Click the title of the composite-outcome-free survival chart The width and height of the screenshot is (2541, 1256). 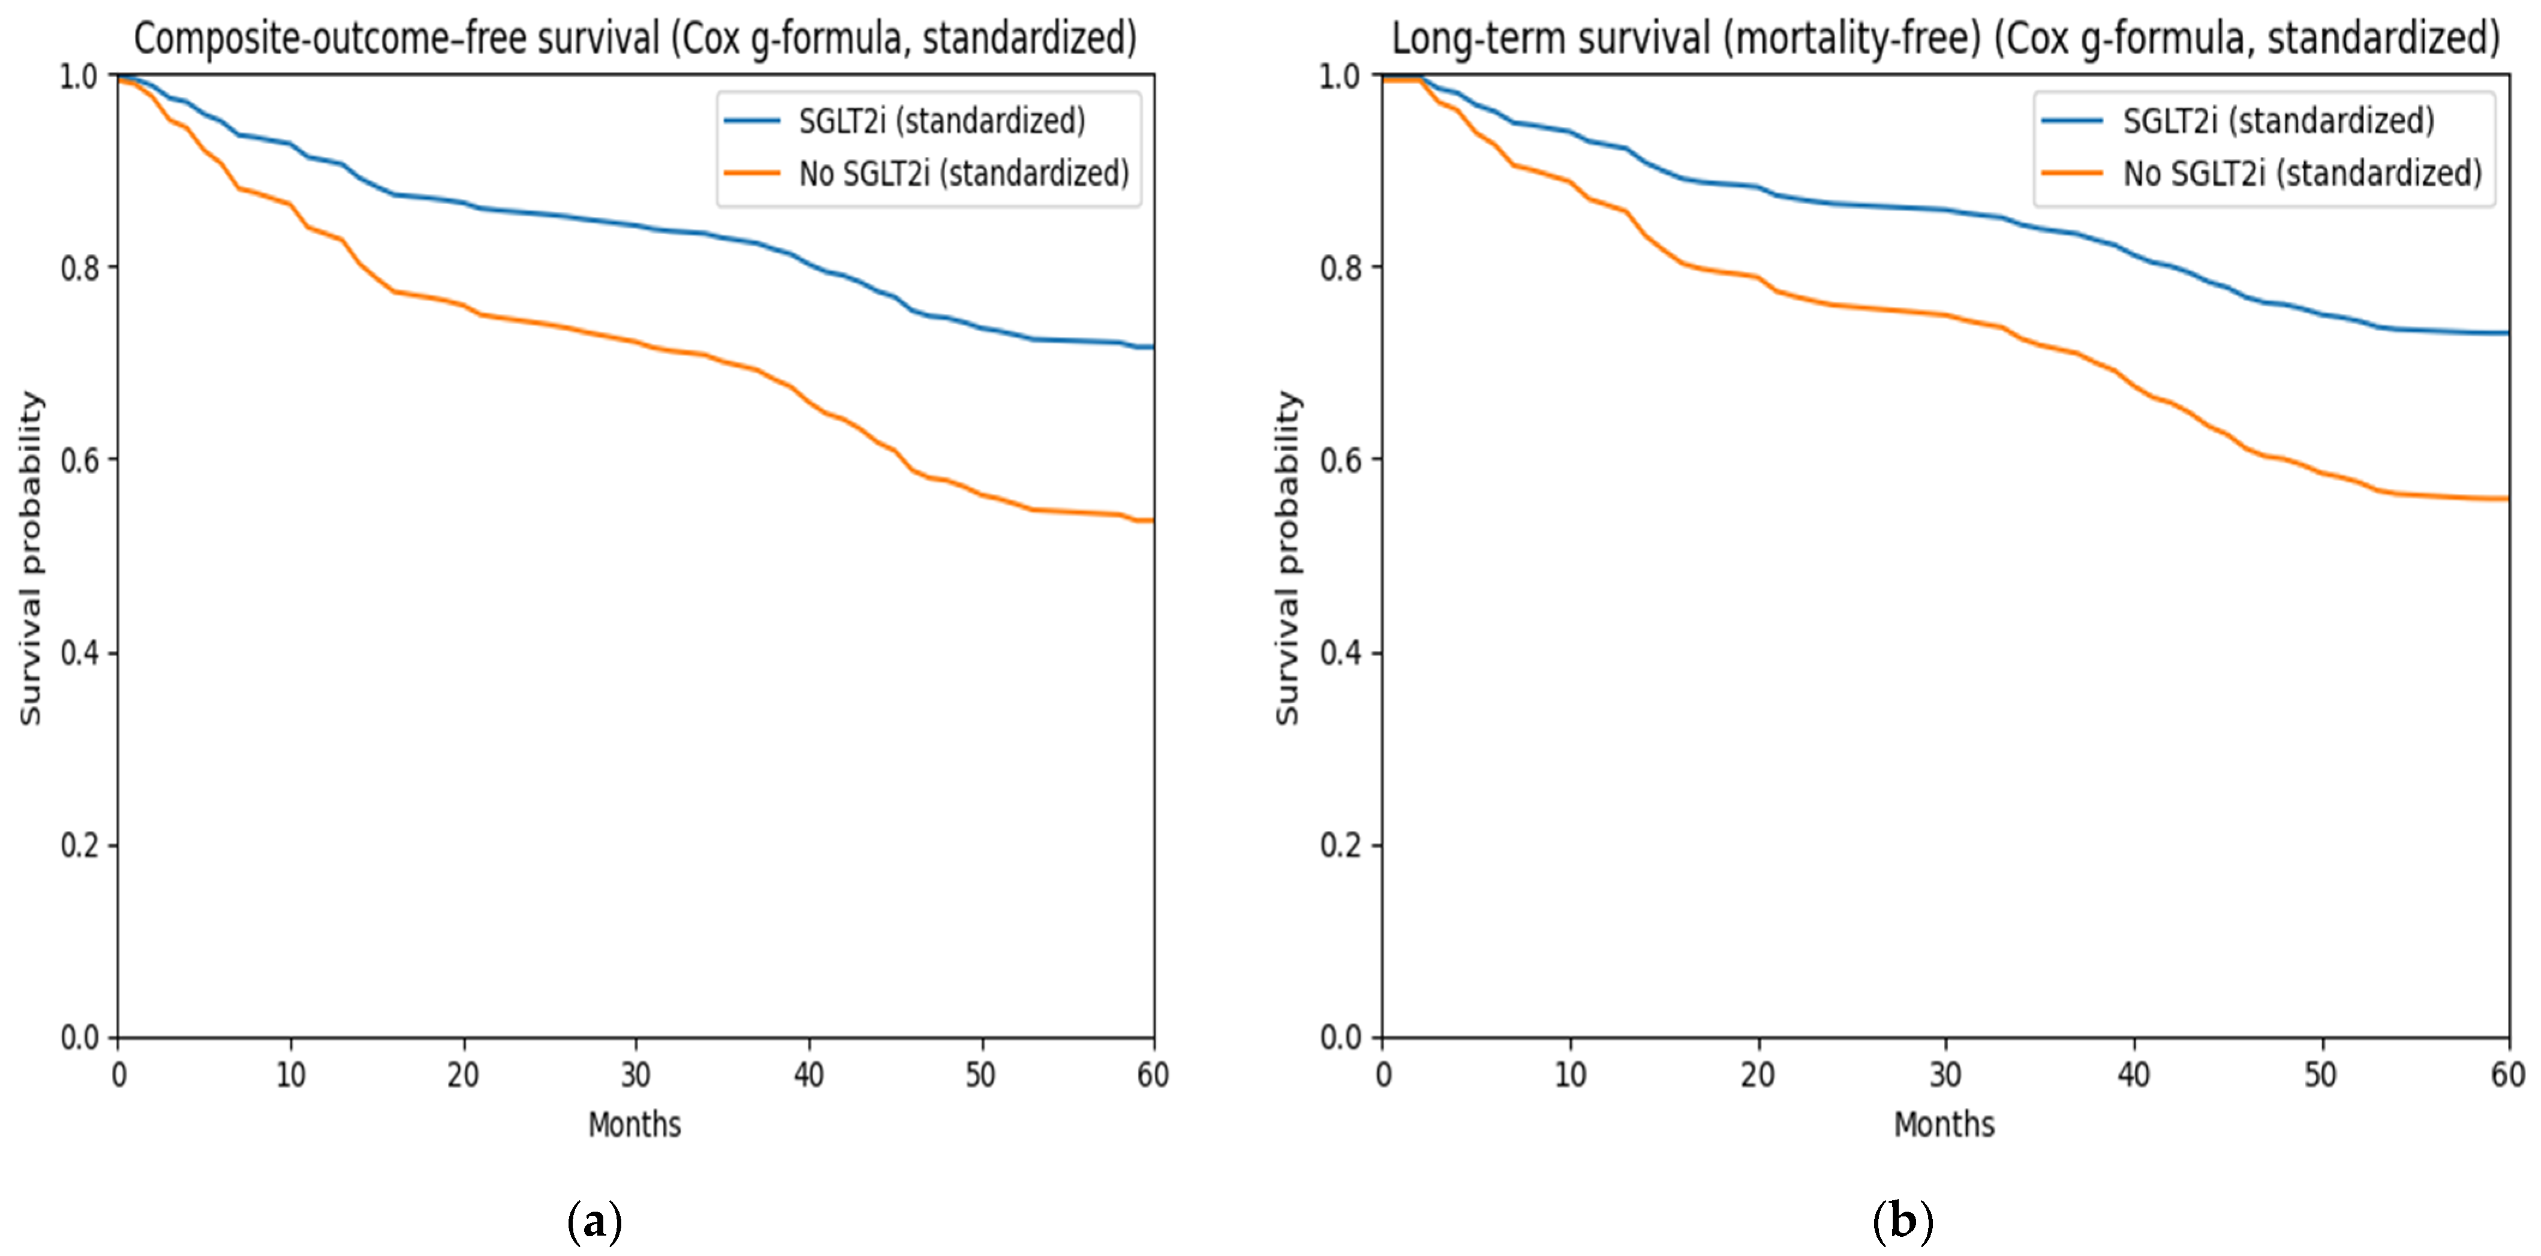(x=635, y=38)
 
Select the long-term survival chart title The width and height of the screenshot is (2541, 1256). (x=1945, y=38)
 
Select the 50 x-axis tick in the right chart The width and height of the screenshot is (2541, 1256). (x=2321, y=1074)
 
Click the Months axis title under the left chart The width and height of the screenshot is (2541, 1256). (x=635, y=1124)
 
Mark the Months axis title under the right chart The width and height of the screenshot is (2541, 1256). (x=1944, y=1124)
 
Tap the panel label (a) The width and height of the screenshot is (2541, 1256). (x=596, y=1222)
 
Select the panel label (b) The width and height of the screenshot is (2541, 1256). (x=1903, y=1222)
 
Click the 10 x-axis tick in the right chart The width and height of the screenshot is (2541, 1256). (x=1571, y=1074)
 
